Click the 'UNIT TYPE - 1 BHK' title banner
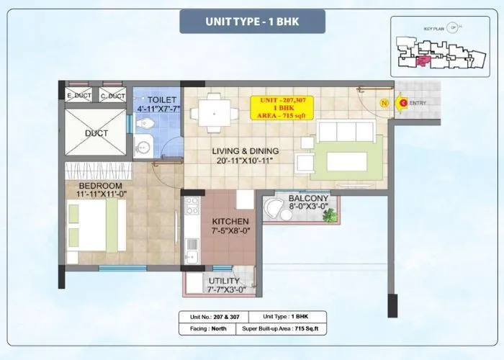coord(251,21)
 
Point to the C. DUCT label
coord(112,96)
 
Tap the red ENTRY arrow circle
coord(403,103)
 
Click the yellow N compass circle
coord(384,103)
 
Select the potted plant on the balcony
coord(329,215)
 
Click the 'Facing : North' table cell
coord(210,328)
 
